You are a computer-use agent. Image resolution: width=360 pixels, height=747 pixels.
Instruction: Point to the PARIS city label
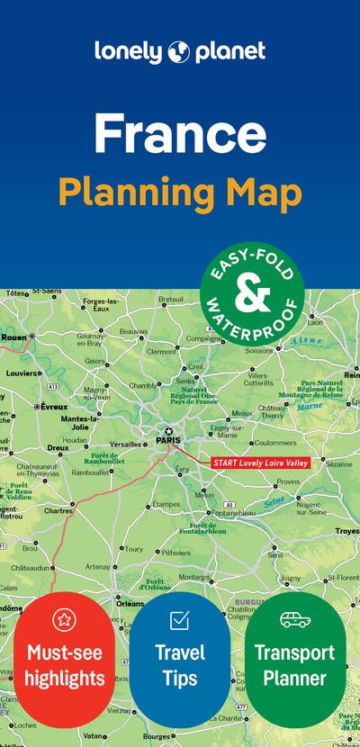[168, 440]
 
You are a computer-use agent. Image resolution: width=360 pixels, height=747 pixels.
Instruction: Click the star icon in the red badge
[64, 619]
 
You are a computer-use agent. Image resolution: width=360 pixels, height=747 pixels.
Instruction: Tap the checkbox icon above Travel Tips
[179, 620]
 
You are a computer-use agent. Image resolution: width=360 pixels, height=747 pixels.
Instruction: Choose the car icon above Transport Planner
[295, 619]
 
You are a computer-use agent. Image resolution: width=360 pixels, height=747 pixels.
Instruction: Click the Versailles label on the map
[125, 444]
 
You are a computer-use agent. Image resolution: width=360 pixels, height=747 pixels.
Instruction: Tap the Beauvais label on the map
[133, 331]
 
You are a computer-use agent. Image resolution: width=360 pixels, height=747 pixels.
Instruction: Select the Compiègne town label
[203, 338]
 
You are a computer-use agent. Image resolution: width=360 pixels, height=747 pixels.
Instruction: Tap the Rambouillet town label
[91, 471]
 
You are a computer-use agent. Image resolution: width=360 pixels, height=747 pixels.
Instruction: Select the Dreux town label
[58, 447]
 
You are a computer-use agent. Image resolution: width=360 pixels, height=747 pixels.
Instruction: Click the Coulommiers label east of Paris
[275, 443]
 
